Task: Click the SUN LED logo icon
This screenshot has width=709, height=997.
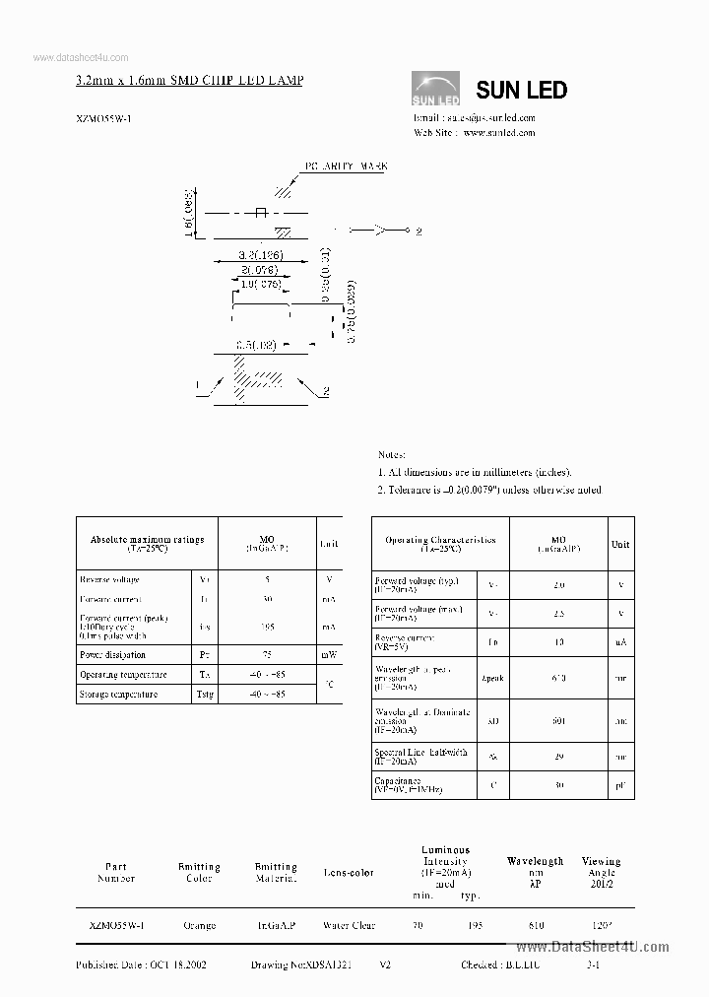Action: coord(435,89)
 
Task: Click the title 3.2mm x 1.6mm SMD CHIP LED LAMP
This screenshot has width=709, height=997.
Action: coord(189,79)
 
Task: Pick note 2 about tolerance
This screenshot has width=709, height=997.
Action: coord(489,490)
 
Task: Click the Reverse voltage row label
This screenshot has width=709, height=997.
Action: coord(110,580)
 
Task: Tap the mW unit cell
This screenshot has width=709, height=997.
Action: coord(328,654)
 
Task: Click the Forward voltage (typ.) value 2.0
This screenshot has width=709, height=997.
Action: coord(558,585)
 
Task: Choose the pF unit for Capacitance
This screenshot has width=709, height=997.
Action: coord(621,785)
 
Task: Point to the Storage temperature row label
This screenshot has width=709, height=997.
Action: coord(118,695)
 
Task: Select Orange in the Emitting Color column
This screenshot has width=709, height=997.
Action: coord(199,926)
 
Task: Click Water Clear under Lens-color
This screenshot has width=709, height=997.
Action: coord(349,926)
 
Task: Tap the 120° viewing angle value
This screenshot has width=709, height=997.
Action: coord(601,926)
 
